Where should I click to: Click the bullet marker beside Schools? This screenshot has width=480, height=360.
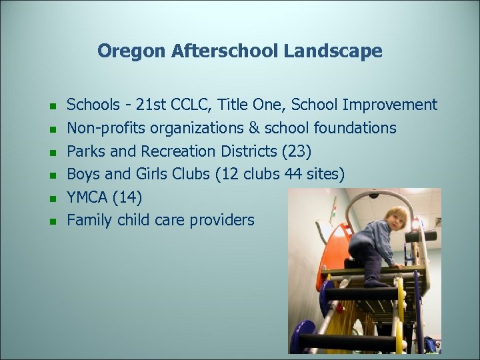(x=51, y=106)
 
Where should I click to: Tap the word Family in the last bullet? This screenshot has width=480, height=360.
(x=89, y=220)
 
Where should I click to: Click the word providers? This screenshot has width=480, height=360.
(x=223, y=220)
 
